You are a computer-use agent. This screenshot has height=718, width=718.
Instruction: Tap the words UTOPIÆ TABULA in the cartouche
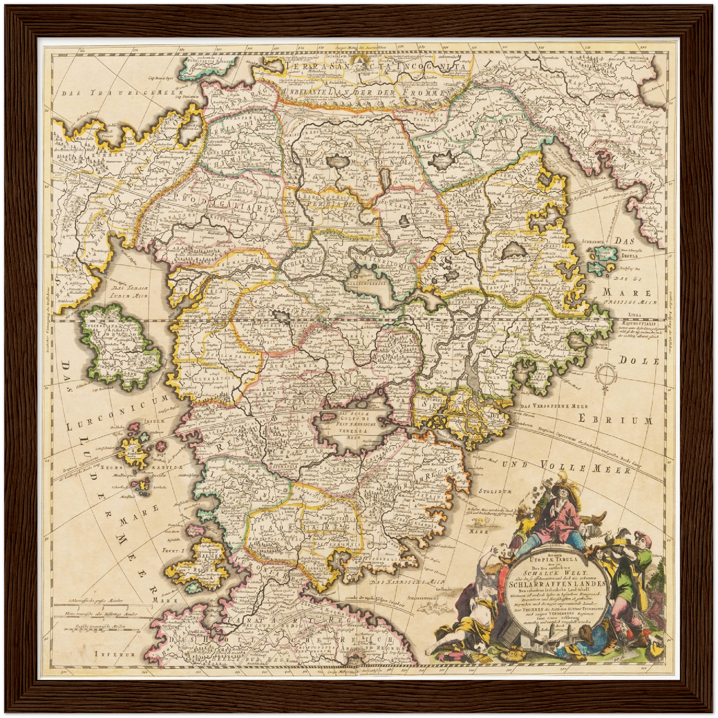pyautogui.click(x=556, y=558)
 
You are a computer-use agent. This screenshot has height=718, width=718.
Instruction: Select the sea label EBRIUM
pyautogui.click(x=615, y=420)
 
